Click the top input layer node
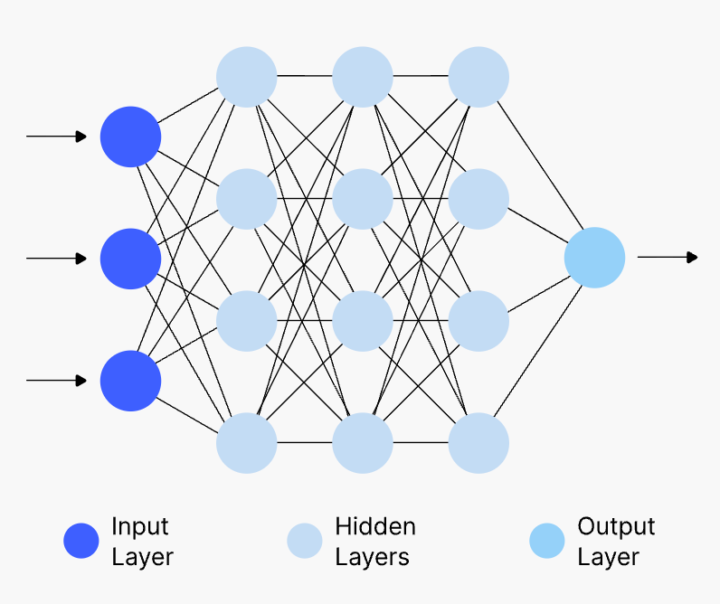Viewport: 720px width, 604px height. click(130, 137)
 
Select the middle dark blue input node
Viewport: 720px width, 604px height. click(130, 259)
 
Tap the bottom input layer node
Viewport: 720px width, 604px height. click(130, 381)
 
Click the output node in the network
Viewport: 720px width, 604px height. click(594, 258)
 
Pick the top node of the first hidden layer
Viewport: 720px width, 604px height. click(246, 77)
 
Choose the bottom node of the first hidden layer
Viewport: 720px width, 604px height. click(246, 443)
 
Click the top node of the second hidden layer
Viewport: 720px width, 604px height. click(362, 77)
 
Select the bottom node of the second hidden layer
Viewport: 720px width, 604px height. click(362, 443)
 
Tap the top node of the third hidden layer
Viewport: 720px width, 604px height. click(478, 77)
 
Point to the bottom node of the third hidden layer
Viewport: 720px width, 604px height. click(478, 443)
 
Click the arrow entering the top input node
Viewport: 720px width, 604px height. click(56, 137)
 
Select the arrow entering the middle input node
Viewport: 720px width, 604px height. click(56, 259)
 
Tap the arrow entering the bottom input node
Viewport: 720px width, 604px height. click(56, 381)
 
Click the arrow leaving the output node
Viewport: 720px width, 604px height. click(668, 258)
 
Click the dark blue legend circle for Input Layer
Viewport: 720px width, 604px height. click(81, 541)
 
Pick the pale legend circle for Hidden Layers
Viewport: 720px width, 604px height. click(305, 541)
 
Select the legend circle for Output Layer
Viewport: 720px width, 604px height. click(546, 541)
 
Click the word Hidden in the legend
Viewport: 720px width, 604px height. click(375, 526)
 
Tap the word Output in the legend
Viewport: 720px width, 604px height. click(616, 526)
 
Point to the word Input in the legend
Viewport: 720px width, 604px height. click(140, 526)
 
